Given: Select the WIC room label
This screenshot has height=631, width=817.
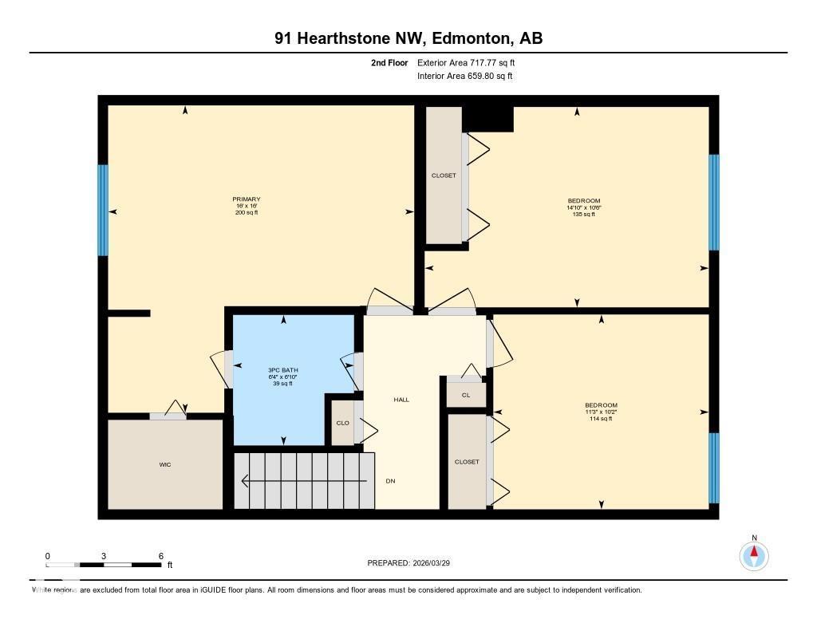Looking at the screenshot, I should [165, 464].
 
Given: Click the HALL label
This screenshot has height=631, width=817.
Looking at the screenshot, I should [401, 399].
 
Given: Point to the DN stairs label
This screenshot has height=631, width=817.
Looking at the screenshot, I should [390, 480].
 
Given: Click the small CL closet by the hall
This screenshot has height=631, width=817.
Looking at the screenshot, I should [466, 394].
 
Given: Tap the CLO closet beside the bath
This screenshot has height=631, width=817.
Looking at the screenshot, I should [342, 423].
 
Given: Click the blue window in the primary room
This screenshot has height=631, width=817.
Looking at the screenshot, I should [102, 210].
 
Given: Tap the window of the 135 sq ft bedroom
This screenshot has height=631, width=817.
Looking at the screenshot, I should [714, 202].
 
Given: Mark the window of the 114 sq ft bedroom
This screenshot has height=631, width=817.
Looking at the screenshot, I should [714, 467].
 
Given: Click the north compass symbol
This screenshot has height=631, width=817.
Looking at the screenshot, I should [753, 554].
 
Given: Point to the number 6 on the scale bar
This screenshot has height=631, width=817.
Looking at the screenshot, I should [161, 556].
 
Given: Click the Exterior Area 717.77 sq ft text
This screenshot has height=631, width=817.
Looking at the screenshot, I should [472, 62].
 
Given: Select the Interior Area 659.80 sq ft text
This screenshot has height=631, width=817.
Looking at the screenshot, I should [464, 77].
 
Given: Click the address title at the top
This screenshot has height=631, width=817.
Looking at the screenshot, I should [408, 38].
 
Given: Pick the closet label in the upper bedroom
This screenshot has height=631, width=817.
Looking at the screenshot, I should [444, 175].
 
